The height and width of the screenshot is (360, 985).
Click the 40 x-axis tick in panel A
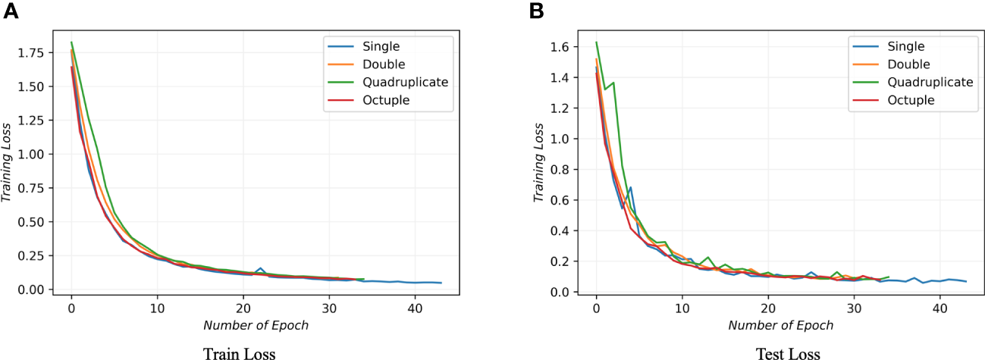pyautogui.click(x=415, y=309)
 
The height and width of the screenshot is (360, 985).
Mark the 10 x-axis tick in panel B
pyautogui.click(x=682, y=309)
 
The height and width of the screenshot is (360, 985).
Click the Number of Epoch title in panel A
pyautogui.click(x=256, y=326)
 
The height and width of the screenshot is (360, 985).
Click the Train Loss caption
pyautogui.click(x=239, y=352)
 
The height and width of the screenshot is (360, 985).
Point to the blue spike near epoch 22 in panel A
pyautogui.click(x=260, y=268)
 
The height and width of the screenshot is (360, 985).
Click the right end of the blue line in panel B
pyautogui.click(x=965, y=282)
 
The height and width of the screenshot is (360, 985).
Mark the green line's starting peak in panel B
pyautogui.click(x=597, y=42)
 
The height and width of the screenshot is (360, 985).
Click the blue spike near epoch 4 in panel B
pyautogui.click(x=630, y=187)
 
